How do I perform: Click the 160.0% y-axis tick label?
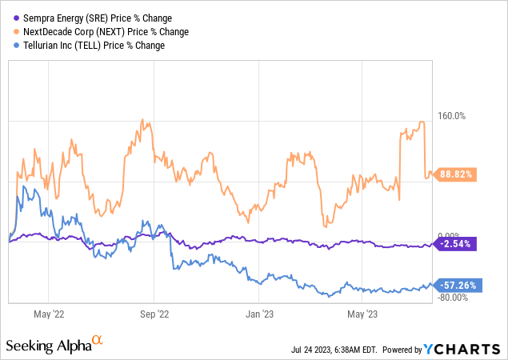(x=449, y=116)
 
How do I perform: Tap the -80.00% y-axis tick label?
(x=450, y=298)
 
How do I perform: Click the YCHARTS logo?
(x=467, y=349)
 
